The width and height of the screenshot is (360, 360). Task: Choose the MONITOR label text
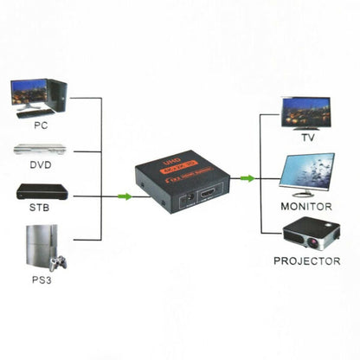click(x=307, y=208)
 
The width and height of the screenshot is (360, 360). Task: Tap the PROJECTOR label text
click(x=307, y=260)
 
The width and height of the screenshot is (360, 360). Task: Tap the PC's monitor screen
click(x=29, y=92)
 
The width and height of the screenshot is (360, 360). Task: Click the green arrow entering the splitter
click(x=125, y=197)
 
